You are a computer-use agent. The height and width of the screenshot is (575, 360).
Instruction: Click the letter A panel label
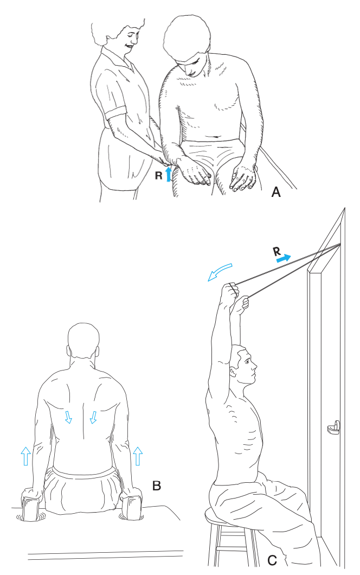coord(275,192)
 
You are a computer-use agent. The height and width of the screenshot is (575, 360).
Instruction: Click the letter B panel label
coord(157,486)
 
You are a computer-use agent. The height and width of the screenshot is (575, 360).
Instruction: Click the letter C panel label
coord(272,560)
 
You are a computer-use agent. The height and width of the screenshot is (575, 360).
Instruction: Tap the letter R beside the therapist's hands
coord(158,176)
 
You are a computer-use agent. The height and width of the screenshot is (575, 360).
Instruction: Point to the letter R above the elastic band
coord(277,252)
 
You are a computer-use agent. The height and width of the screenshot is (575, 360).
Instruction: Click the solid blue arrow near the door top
coord(284,259)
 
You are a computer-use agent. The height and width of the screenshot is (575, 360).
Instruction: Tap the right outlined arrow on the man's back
coord(94,417)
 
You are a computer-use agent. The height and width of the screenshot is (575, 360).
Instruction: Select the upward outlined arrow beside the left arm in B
coord(25,456)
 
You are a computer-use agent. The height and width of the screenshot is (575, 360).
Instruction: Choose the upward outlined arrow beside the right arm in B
coord(138,456)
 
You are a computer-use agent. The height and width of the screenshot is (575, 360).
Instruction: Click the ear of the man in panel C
coord(233,372)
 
